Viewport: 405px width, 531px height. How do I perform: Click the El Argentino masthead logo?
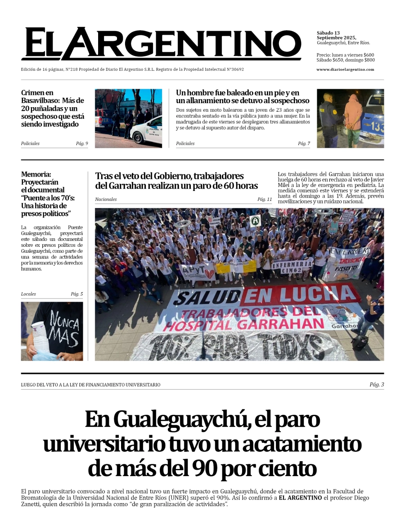161,44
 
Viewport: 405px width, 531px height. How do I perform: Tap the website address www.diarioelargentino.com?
345,69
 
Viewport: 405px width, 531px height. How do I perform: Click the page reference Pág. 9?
82,144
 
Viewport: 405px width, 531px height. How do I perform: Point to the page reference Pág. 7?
304,144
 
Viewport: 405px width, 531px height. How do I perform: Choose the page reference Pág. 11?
265,199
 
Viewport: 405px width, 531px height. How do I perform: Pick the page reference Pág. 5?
76,294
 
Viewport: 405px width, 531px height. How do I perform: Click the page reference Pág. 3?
377,385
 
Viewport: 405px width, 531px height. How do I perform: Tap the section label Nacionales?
106,200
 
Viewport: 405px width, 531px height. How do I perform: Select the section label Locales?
28,294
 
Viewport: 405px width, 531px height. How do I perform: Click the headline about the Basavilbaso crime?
52,109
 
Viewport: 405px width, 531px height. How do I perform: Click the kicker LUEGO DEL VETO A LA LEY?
90,385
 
